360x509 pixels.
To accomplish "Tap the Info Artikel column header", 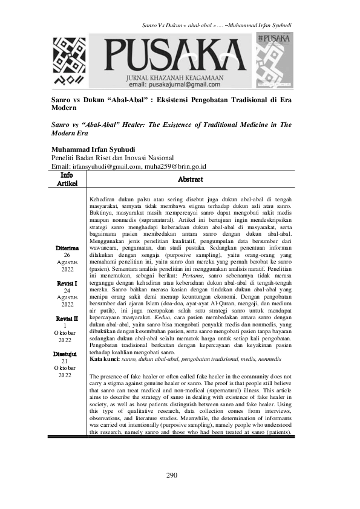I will coord(67,179).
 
